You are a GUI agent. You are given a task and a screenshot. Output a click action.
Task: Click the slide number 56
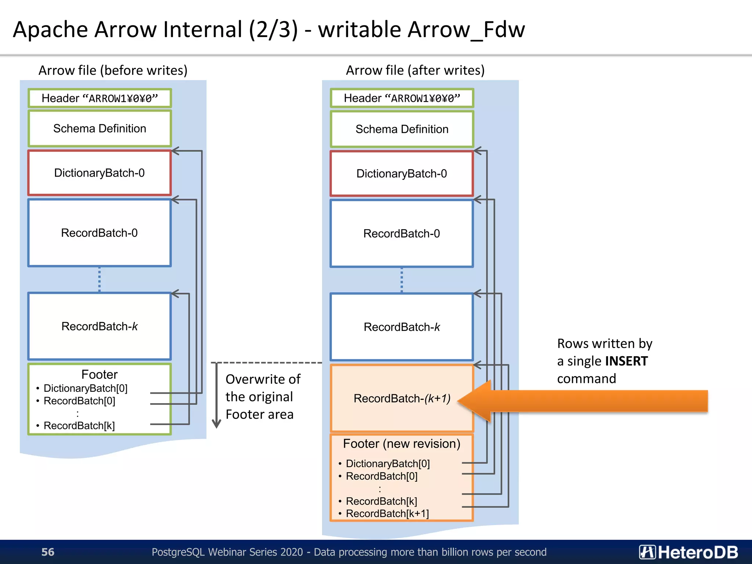click(x=48, y=552)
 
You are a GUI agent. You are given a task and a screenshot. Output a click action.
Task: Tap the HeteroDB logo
click(x=688, y=552)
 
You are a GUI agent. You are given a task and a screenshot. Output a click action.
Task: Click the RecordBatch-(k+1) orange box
click(x=402, y=398)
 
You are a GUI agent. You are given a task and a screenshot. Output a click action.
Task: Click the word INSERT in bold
click(x=626, y=361)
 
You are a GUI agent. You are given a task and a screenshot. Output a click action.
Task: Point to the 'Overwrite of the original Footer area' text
click(x=263, y=397)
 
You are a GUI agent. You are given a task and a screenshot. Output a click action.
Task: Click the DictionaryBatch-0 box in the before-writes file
click(x=100, y=173)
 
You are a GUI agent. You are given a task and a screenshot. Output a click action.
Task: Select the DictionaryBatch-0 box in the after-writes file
click(x=402, y=174)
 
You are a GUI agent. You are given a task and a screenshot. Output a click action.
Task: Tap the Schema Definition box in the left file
click(x=100, y=129)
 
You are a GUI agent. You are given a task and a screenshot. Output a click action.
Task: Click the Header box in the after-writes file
click(x=402, y=98)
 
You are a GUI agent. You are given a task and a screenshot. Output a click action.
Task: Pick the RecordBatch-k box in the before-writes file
click(x=100, y=326)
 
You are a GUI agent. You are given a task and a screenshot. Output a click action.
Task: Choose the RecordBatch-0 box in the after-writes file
click(x=402, y=234)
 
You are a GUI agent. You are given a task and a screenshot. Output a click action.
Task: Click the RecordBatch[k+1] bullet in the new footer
click(x=387, y=513)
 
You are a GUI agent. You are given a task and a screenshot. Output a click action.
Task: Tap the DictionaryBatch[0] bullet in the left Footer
click(x=85, y=388)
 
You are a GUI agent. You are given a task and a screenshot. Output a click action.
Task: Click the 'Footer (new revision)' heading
click(x=402, y=444)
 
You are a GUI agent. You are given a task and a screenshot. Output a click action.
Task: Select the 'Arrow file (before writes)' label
click(x=113, y=70)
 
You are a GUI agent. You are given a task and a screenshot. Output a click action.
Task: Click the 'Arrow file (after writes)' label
click(x=415, y=70)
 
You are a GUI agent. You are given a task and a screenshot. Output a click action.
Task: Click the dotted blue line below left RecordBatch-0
click(x=100, y=279)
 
